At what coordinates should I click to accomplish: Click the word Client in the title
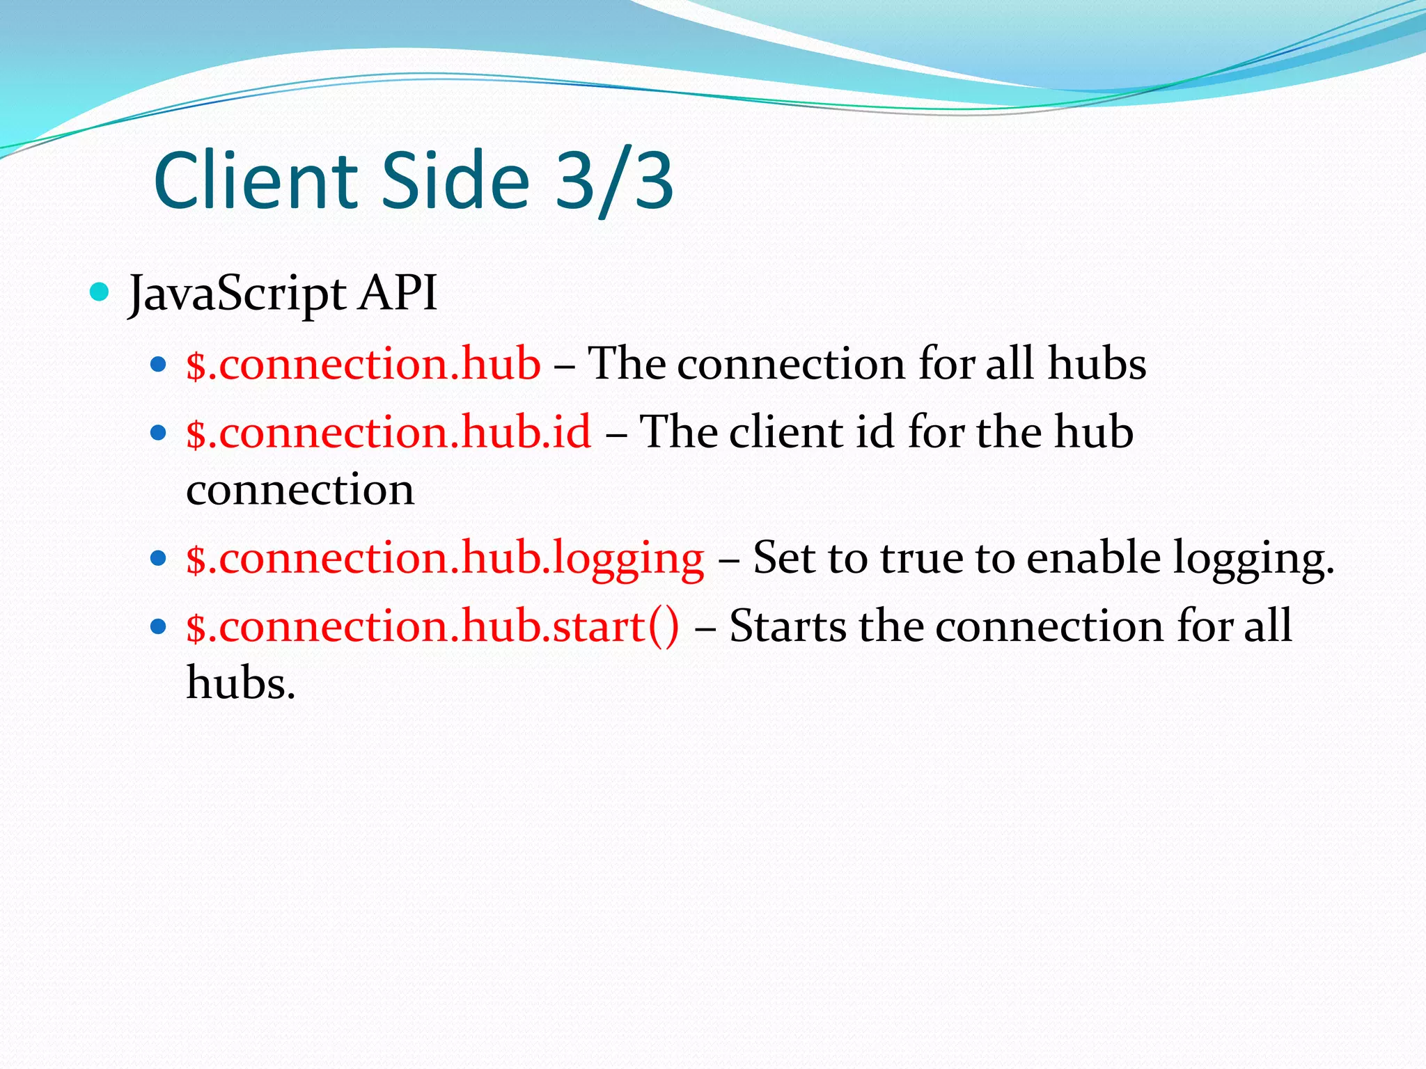click(x=255, y=181)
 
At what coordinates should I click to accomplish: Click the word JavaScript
click(x=237, y=294)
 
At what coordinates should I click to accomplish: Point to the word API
click(x=398, y=293)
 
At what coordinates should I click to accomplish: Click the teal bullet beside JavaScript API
click(x=100, y=292)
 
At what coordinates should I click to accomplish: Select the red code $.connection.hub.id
click(x=389, y=432)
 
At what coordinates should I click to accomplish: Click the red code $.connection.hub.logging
click(x=445, y=559)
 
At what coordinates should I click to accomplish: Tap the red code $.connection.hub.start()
click(x=432, y=626)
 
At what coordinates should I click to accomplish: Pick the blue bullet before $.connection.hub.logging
click(x=159, y=558)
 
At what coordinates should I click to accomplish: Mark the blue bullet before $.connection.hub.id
click(x=159, y=433)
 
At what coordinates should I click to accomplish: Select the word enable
click(x=1093, y=558)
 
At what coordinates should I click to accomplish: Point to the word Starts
click(x=788, y=626)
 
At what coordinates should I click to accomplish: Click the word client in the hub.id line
click(x=786, y=432)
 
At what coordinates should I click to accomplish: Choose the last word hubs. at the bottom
click(x=241, y=683)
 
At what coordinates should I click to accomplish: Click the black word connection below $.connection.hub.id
click(x=300, y=490)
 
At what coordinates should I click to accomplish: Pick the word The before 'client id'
click(x=678, y=432)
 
